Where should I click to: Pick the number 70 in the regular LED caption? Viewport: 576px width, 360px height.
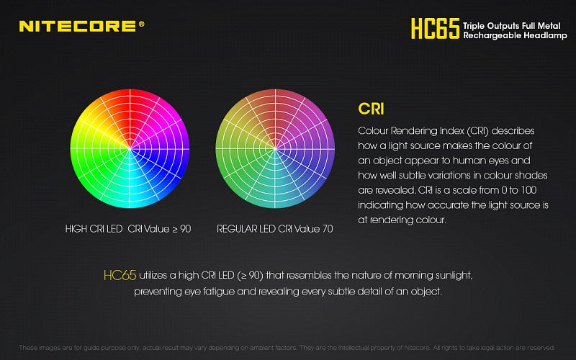click(x=328, y=229)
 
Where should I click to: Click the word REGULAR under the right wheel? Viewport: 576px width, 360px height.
click(x=237, y=229)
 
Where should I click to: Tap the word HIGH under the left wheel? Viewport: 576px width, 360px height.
click(x=77, y=229)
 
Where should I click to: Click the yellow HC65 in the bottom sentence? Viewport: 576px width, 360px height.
click(x=119, y=276)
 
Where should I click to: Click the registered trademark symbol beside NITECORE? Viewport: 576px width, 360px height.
click(x=141, y=23)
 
